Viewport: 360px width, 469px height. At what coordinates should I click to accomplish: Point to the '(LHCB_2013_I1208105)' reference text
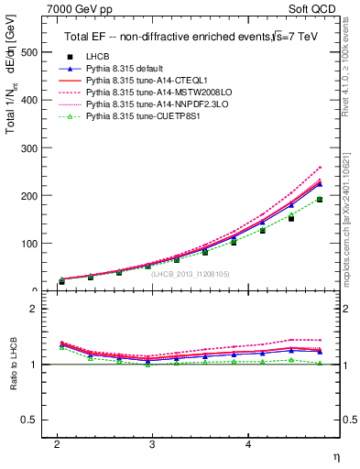(x=190, y=273)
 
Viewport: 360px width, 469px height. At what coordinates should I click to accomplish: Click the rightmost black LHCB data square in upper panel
(x=320, y=200)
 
